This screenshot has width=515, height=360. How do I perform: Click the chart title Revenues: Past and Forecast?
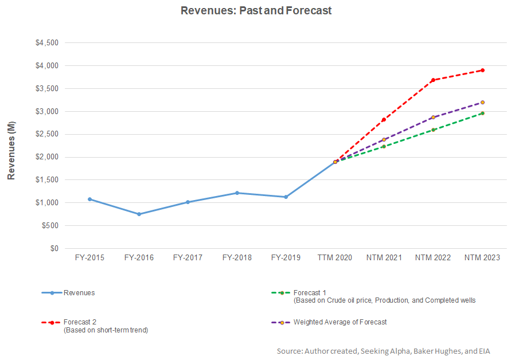coord(256,11)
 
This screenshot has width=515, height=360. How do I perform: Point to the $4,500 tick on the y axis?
coord(47,43)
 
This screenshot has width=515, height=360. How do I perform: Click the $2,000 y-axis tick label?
coord(47,157)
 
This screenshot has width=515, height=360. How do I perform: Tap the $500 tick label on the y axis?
coord(50,226)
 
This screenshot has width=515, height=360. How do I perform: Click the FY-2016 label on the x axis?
coord(138,258)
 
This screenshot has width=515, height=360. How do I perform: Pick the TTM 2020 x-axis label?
coord(335,258)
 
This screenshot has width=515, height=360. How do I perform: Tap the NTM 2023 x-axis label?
coord(482,258)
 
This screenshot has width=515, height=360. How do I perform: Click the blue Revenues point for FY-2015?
coord(89,199)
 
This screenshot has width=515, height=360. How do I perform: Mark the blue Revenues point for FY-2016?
coord(139,214)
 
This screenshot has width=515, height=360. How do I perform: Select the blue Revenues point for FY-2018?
coord(237,193)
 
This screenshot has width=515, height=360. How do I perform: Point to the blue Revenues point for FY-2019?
coord(286,197)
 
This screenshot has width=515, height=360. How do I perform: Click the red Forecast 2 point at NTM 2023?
coord(482,70)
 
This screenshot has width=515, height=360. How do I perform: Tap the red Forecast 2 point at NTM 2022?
coord(433,80)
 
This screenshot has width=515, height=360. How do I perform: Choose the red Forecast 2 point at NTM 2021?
coord(384,120)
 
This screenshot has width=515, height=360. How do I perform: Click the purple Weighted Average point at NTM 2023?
coord(482,103)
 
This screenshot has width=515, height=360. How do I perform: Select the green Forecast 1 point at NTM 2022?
coord(433,130)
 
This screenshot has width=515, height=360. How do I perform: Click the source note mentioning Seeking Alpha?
coord(383,351)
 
